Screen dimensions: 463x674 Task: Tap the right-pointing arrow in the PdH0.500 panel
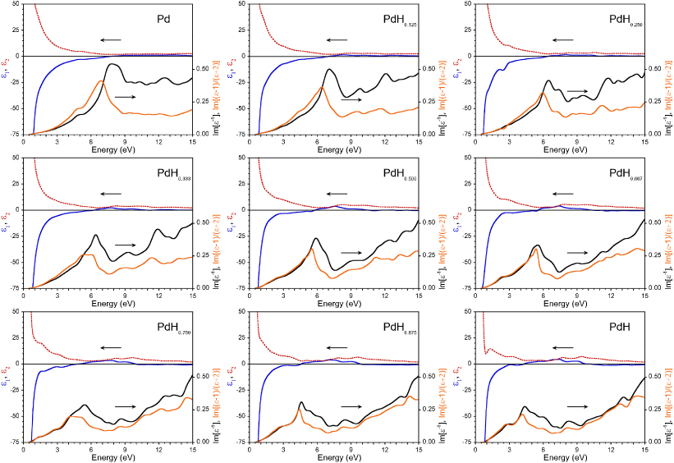(x=351, y=252)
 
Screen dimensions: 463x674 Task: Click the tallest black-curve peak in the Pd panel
(x=111, y=64)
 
